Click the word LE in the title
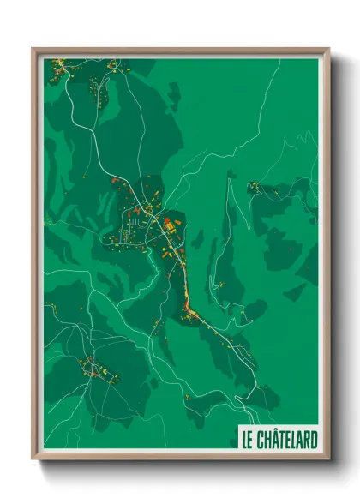(248, 441)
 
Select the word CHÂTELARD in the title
(288, 441)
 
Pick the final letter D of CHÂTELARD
(315, 441)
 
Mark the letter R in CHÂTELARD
(307, 441)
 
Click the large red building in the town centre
(168, 225)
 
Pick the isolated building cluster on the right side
(255, 187)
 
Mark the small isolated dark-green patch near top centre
(174, 93)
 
